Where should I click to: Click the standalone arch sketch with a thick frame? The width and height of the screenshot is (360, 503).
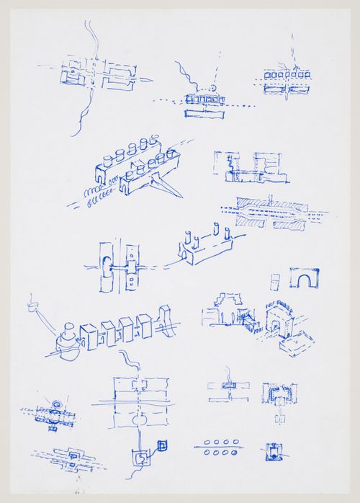304,278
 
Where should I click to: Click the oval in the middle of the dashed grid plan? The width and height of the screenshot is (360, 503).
140,419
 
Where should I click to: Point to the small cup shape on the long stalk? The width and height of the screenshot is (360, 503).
32,306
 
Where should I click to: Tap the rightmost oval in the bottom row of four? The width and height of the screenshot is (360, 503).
235,453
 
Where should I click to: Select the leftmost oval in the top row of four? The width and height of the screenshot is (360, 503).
207,442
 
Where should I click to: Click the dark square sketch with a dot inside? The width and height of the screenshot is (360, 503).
271,452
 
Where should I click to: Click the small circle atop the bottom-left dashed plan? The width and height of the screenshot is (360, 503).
58,404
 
